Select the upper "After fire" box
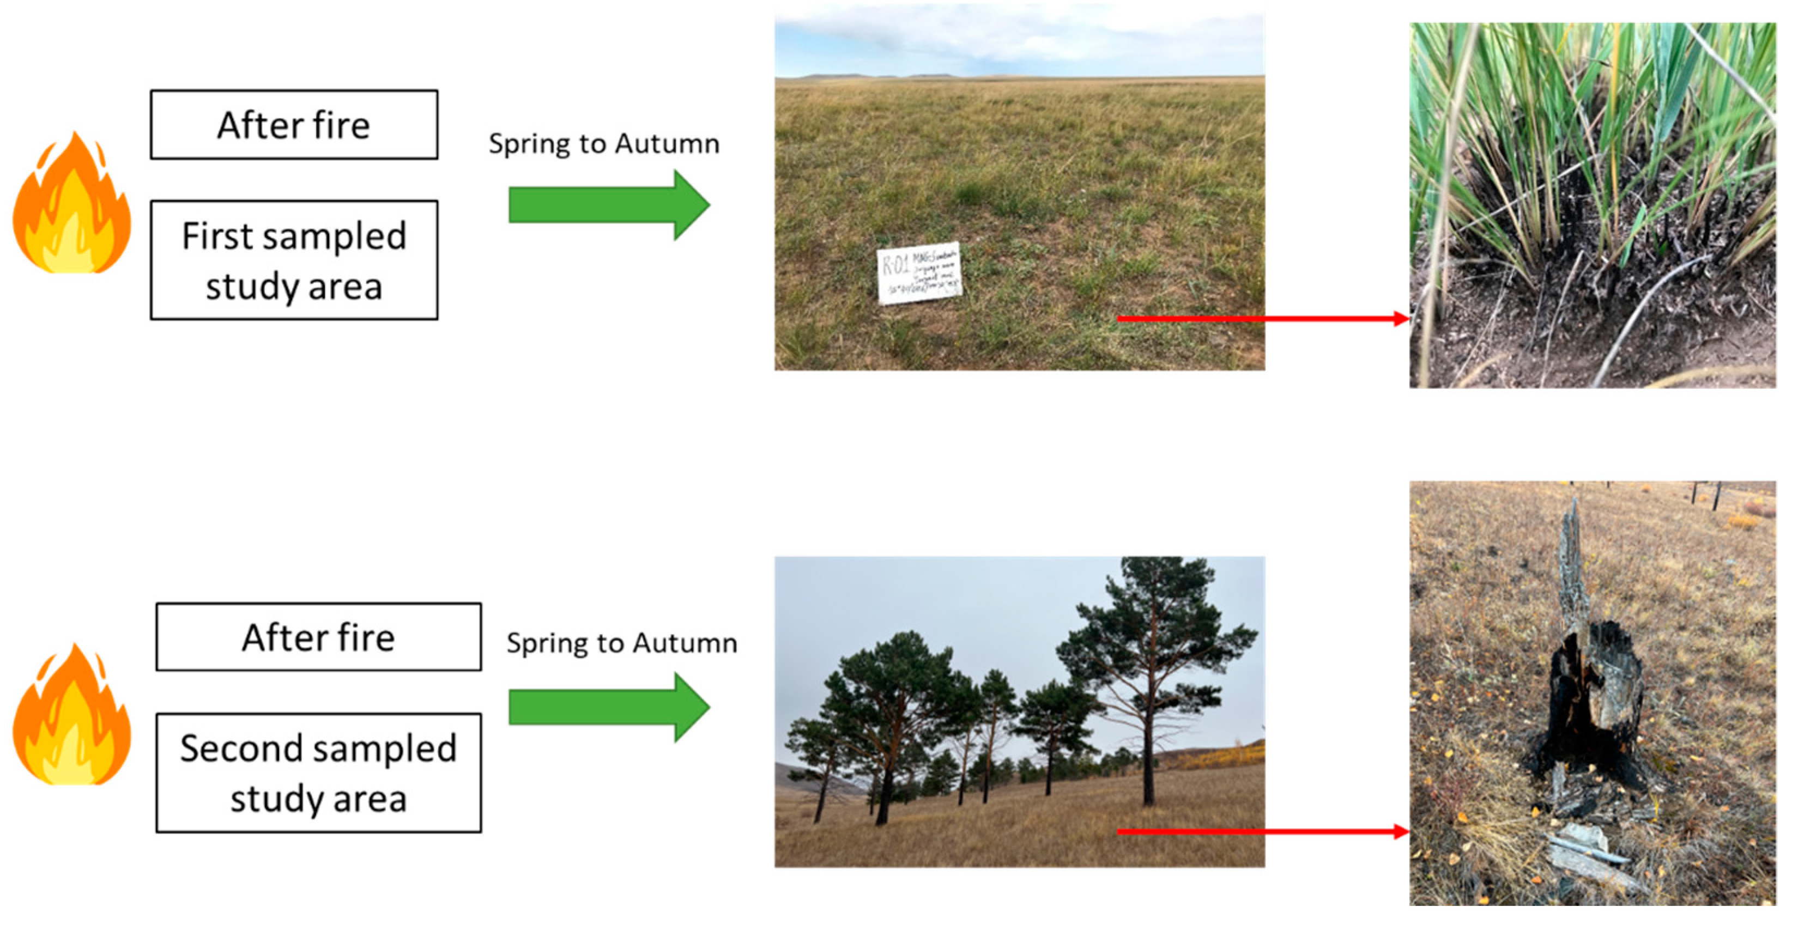click(294, 125)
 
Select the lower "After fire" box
click(318, 637)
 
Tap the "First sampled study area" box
click(294, 260)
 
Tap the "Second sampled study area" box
click(318, 772)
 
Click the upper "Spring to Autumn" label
click(604, 144)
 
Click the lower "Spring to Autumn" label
click(621, 642)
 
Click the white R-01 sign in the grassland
click(918, 273)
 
